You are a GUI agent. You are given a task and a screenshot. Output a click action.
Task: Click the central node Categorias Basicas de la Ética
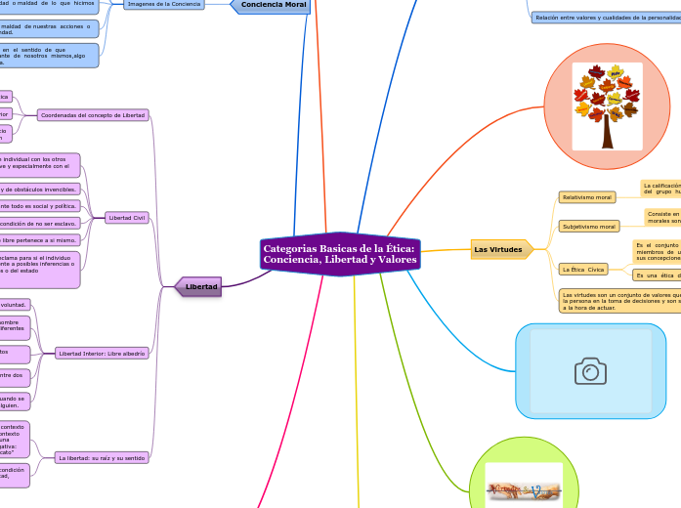coord(339,255)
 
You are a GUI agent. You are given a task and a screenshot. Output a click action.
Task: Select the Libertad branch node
coord(199,286)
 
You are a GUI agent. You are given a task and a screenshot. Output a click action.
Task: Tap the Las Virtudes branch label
coord(498,250)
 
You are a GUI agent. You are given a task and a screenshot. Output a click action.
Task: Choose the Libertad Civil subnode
coord(128,218)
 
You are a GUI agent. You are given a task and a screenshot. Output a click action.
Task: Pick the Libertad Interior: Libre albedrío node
coord(103,354)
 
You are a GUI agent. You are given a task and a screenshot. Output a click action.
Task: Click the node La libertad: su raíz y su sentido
coord(103,457)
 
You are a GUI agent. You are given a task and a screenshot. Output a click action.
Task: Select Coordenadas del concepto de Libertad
coord(94,115)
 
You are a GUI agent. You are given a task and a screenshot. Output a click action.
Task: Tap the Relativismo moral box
coord(586,197)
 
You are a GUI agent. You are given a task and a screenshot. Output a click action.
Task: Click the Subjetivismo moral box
coord(588,227)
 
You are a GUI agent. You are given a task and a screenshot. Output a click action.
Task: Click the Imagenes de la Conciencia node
coord(164,5)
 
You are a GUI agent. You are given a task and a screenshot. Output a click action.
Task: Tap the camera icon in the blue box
coord(590,371)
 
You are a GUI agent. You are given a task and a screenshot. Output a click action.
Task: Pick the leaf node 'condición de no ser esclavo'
coord(39,223)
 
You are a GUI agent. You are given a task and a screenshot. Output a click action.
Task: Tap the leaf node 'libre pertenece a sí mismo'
coord(39,239)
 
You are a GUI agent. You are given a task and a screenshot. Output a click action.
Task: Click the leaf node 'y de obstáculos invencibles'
coord(39,189)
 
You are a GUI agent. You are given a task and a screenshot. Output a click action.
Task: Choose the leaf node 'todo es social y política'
coord(39,206)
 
